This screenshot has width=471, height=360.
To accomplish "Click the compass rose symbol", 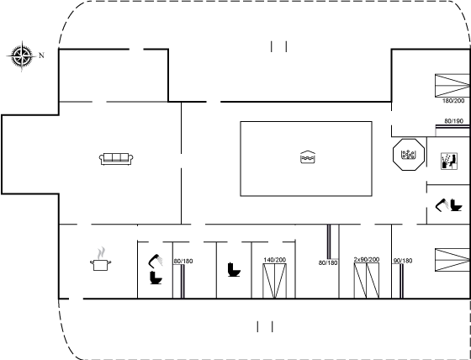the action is point(22,56).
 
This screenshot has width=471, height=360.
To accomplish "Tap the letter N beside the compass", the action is point(42,56).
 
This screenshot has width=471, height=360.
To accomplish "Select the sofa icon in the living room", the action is point(116,159).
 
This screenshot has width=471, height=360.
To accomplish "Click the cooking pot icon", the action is point(101,265).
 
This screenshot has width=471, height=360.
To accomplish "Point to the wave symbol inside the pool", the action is point(308,157).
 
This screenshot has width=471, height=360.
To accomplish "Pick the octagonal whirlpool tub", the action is point(409,155).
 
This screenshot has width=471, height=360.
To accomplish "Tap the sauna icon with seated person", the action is point(449,161).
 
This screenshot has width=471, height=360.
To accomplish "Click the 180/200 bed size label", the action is point(453,101).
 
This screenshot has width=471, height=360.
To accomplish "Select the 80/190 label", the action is point(453,121).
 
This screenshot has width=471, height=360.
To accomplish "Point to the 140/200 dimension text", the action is point(274,260).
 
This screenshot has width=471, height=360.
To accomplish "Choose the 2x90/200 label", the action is point(367,259).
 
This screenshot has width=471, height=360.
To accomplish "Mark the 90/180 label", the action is point(403,261).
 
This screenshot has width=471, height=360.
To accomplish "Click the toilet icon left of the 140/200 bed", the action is point(234,269).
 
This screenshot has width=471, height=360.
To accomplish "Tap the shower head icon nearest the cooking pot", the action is point(156,260).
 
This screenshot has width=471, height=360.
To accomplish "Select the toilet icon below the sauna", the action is point(456,205).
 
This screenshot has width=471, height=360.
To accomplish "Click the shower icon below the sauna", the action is point(442,205).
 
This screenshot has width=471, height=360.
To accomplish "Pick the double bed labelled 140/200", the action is point(274,281).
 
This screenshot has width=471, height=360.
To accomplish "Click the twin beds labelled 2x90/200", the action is point(367,280).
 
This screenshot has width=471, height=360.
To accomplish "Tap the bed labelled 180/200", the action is point(452,85).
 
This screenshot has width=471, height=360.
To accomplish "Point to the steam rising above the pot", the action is point(102,253).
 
